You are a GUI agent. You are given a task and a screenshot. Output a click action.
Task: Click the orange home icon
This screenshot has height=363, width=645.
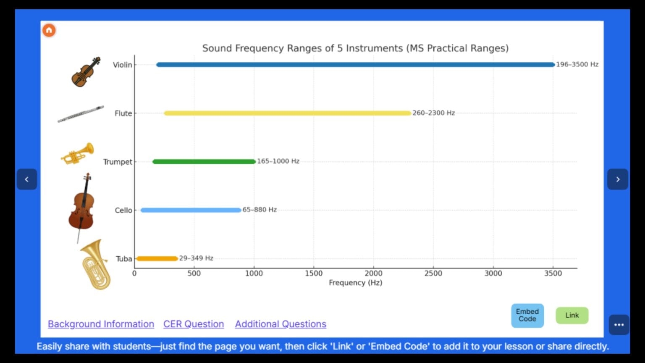49,30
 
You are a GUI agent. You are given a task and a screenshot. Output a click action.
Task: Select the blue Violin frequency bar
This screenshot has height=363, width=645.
355,65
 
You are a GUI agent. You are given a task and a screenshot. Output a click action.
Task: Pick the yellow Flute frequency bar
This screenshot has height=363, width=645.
287,113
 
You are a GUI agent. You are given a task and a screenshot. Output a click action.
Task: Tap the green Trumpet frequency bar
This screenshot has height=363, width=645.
204,162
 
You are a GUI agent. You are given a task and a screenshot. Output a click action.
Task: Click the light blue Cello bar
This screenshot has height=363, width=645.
191,210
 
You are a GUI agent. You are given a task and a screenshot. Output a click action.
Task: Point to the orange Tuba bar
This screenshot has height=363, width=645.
157,258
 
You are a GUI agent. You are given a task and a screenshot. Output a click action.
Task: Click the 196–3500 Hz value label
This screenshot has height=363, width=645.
577,65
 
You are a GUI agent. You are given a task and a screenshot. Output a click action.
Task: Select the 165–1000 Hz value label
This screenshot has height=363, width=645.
278,161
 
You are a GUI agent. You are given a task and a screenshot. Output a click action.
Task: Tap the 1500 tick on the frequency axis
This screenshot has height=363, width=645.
314,273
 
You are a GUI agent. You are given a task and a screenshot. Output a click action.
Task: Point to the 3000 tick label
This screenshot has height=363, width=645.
493,273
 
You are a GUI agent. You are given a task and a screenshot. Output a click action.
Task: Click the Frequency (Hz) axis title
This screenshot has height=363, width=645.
355,283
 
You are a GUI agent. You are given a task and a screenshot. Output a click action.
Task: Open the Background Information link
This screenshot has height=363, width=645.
101,324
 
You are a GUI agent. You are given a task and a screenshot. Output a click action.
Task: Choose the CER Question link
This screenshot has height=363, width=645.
194,324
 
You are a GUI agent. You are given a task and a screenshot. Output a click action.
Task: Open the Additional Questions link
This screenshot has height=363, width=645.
281,324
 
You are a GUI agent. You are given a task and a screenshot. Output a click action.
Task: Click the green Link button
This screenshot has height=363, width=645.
572,316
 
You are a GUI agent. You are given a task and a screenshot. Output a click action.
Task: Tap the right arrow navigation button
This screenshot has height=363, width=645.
618,179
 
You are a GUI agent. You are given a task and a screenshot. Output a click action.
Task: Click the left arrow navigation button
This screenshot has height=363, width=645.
27,179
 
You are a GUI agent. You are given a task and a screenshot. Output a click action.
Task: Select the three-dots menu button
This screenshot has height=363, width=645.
619,325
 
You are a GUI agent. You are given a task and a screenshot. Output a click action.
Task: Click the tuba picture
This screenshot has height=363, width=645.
95,265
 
